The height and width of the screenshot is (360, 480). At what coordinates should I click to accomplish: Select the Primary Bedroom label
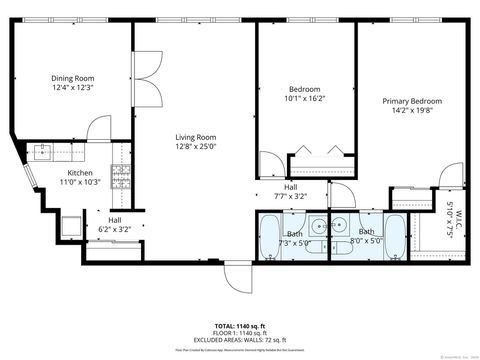pos(411,101)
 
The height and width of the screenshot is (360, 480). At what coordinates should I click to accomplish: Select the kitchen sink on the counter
pos(43,153)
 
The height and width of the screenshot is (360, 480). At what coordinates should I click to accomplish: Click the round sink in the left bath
pos(316,226)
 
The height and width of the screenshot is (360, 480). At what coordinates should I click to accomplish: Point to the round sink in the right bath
pos(341,226)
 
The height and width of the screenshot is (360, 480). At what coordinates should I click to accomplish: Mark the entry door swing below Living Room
pos(234,277)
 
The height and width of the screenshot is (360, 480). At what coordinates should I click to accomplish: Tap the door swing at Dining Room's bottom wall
pos(99,128)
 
